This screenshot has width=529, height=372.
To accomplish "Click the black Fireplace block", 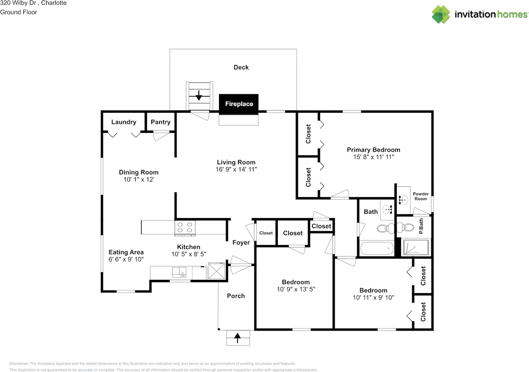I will [x=238, y=104].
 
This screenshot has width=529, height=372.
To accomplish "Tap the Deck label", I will [x=241, y=67].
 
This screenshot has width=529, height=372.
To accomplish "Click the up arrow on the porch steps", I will [x=237, y=338].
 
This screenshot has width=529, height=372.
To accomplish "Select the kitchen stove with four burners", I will [x=185, y=228].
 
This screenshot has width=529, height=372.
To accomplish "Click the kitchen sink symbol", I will [x=181, y=272].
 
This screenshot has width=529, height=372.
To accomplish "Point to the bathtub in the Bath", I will [x=376, y=249].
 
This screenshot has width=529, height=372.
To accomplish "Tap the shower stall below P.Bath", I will [x=416, y=247].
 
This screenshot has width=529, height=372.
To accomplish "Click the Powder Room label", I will [x=421, y=196].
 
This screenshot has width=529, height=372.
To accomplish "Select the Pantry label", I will [x=160, y=122].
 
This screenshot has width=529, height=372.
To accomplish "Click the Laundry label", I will [x=124, y=122].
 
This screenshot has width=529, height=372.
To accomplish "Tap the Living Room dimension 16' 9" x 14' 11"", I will [x=236, y=169].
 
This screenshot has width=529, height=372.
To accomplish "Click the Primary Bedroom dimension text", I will [x=374, y=157].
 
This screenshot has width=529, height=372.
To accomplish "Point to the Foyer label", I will [x=241, y=242].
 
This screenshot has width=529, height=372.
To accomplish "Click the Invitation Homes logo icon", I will [x=441, y=14].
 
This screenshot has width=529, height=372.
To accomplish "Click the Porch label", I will [x=236, y=296].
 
